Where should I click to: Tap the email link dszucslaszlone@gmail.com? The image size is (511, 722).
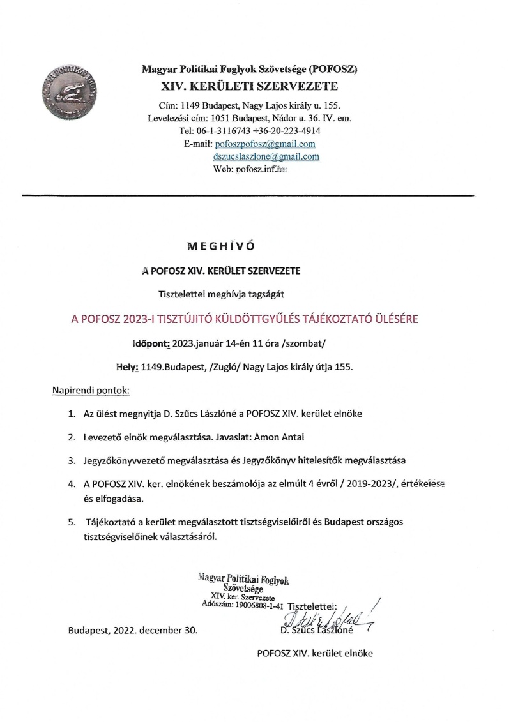[x=266, y=156]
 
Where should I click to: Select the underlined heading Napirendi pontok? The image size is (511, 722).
[x=90, y=389]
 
